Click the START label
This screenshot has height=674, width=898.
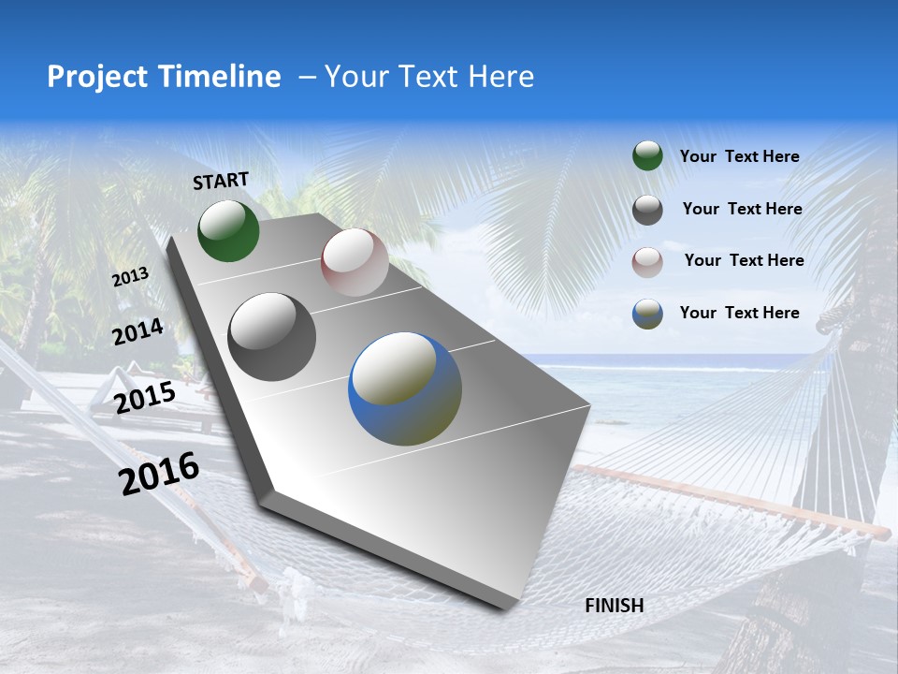(221, 181)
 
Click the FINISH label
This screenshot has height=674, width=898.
(614, 606)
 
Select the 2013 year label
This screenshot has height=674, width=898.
(131, 276)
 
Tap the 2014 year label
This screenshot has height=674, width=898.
(138, 332)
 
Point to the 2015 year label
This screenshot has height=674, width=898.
(145, 398)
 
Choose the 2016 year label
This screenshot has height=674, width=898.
(159, 473)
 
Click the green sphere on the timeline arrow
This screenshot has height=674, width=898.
(228, 230)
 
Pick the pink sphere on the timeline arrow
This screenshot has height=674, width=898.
(355, 262)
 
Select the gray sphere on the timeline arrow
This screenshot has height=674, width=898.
(272, 337)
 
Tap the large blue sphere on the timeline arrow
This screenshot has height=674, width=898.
(405, 388)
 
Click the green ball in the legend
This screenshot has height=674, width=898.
(647, 156)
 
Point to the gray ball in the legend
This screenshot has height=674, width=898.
(647, 210)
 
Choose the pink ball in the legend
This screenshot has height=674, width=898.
(647, 262)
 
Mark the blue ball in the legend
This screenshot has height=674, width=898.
(647, 314)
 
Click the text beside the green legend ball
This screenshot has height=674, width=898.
(739, 157)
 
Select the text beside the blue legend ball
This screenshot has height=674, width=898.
(739, 313)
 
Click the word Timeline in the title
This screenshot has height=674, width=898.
(223, 77)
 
